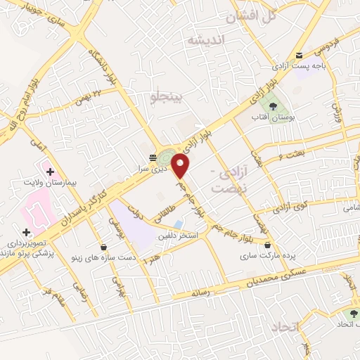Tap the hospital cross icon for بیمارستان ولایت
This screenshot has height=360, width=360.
click(50, 171)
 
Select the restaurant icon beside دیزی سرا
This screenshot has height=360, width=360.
click(152, 157)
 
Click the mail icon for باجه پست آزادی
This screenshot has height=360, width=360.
click(299, 56)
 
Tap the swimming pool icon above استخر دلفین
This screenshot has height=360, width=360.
click(176, 224)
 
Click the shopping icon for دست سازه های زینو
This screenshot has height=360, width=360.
click(104, 247)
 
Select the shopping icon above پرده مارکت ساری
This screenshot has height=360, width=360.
click(268, 245)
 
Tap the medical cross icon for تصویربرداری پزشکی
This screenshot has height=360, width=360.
click(26, 232)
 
